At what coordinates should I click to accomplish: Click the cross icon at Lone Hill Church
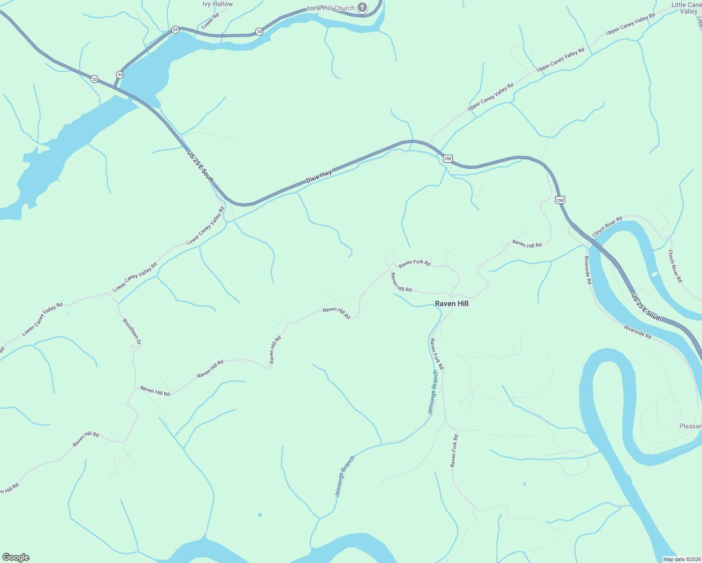coord(362,8)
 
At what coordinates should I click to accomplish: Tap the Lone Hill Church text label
coord(330,8)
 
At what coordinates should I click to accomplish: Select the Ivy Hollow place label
coord(218,4)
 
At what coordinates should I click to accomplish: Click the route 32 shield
coord(95,79)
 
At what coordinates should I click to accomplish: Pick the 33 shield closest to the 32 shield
coord(120,75)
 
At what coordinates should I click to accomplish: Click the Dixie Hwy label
coord(319,176)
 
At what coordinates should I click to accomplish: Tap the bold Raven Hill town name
coord(451,304)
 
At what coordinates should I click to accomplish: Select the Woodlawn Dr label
coord(132,332)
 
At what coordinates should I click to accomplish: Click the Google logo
coord(15,557)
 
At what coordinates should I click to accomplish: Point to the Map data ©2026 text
coord(681,559)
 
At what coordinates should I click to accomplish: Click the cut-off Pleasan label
coord(691,426)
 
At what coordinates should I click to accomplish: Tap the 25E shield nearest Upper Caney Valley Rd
coord(448,159)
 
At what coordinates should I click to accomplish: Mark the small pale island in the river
coord(654,274)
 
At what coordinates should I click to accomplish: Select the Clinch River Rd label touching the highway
coord(607,226)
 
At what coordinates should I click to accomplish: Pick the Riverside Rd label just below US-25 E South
coord(638,332)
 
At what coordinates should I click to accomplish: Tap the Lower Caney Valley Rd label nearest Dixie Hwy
coord(206,226)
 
